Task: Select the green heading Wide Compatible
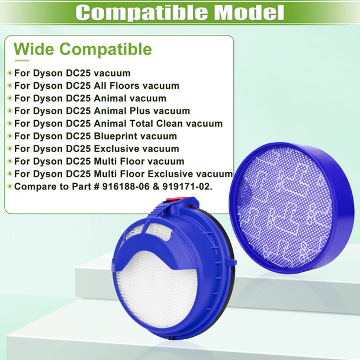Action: coord(82,49)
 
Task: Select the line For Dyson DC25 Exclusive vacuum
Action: coord(96,149)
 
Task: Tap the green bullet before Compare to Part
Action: coord(9,187)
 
